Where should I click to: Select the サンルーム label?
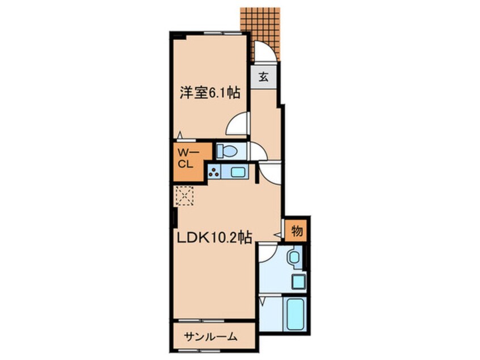click(210, 337)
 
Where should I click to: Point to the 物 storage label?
click(296, 231)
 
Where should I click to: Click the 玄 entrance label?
click(264, 76)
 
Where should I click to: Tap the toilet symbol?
click(229, 151)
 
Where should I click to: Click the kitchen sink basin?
click(237, 171)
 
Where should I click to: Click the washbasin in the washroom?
click(296, 258)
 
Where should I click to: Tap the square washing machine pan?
click(298, 280)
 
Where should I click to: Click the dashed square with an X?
click(185, 196)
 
